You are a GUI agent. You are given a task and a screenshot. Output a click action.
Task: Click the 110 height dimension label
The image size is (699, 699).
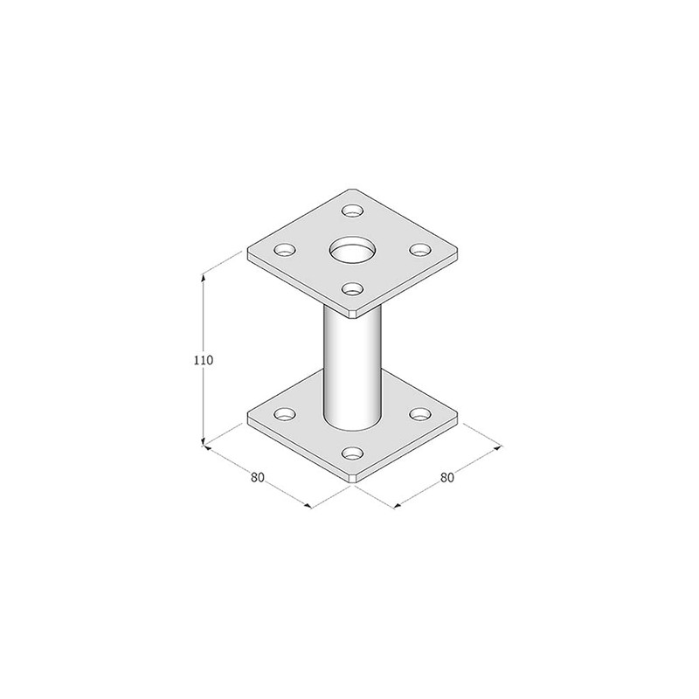click(x=204, y=359)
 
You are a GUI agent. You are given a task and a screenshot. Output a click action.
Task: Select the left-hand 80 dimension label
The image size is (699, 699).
click(x=257, y=477)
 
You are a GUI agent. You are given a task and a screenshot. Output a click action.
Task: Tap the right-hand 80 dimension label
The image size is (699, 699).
click(x=447, y=477)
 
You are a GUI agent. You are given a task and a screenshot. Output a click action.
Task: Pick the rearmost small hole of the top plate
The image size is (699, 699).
click(x=352, y=211)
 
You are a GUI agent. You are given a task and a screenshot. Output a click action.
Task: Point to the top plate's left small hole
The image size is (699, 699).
click(x=284, y=250)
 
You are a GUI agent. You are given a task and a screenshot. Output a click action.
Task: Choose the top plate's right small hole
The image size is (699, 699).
click(x=420, y=250)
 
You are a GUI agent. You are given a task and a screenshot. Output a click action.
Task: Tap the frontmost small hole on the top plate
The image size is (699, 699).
click(x=352, y=287)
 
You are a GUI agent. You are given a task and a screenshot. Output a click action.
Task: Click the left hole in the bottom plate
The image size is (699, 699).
click(x=284, y=413)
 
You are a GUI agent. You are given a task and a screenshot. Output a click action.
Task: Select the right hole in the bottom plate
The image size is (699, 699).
click(x=420, y=412)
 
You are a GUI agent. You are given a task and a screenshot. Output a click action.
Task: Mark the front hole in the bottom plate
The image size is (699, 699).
click(x=352, y=453)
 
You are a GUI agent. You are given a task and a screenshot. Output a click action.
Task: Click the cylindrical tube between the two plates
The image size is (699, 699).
click(x=352, y=367)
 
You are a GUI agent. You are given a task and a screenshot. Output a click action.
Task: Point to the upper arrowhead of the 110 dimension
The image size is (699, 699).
click(x=204, y=277)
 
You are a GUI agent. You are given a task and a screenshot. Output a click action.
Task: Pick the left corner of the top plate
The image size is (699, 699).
click(x=249, y=254)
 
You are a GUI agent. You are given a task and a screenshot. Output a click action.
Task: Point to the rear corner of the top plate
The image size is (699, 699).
click(x=352, y=189)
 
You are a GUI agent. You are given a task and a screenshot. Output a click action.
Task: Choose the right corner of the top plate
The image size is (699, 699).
click(x=457, y=254)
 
